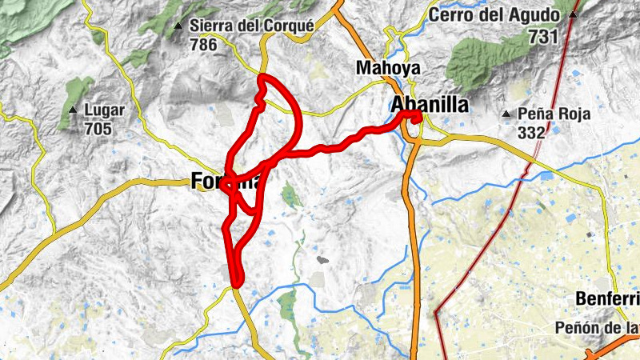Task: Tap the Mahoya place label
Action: click(x=389, y=68)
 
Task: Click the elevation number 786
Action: click(x=204, y=45)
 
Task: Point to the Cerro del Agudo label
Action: click(x=502, y=15)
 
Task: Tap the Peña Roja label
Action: click(x=554, y=114)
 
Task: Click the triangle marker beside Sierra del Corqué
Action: click(x=178, y=26)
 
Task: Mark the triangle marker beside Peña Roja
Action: click(x=506, y=114)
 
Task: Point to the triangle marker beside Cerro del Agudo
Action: click(x=574, y=15)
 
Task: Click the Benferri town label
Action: click(x=606, y=298)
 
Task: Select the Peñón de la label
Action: click(x=597, y=328)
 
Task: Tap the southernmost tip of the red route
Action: click(x=237, y=282)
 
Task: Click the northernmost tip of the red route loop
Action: click(x=263, y=77)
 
